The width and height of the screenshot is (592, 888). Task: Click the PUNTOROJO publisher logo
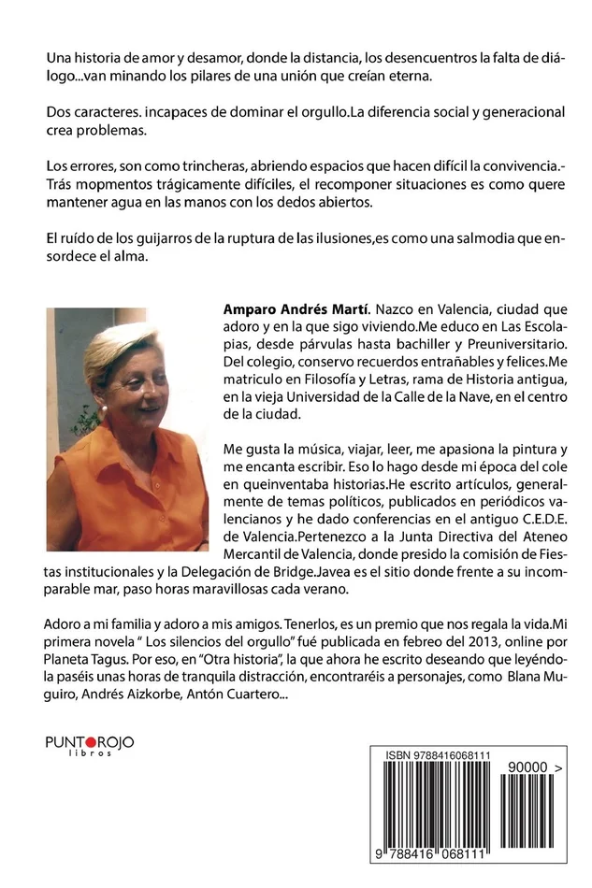(90, 741)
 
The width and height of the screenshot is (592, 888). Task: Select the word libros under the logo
(90, 752)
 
